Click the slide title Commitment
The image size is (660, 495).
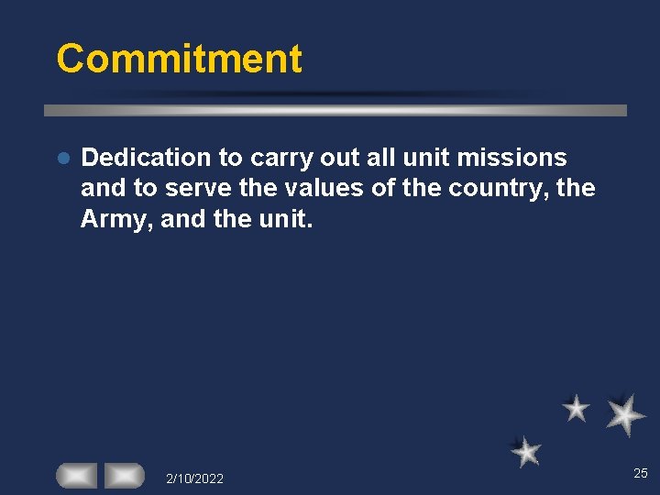point(179,59)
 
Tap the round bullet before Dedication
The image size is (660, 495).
point(62,159)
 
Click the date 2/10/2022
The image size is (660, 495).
point(194,478)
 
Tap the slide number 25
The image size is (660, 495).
point(640,473)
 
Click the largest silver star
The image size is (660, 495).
point(625,414)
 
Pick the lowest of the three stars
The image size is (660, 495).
point(526,451)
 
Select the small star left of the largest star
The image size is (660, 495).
point(576,408)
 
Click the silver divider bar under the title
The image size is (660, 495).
point(335,110)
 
